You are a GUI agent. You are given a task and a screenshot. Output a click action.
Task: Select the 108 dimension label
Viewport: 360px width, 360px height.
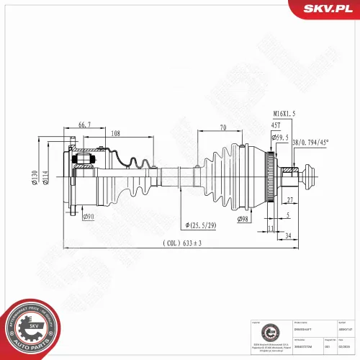click(x=116, y=132)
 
